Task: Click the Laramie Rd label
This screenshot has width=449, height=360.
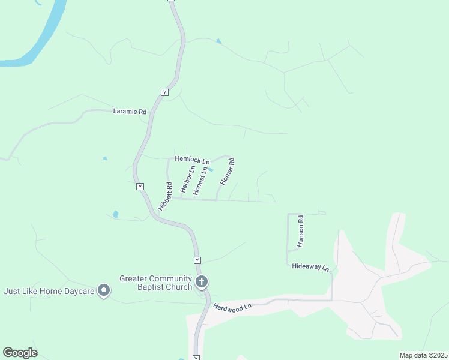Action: coord(130,112)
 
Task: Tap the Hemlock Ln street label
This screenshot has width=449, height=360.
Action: coord(192,160)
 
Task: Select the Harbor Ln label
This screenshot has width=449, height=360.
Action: coord(188,178)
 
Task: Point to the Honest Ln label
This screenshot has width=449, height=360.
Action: coord(200,181)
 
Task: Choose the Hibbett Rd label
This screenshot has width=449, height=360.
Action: coord(165,196)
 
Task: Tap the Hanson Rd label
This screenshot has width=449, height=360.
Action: coord(301,232)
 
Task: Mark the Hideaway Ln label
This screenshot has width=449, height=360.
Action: coord(311,266)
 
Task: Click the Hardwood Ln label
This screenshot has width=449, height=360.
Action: coord(231,306)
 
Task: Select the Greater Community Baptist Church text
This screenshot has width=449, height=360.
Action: coord(155,283)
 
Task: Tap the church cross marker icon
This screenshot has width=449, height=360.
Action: coord(202,281)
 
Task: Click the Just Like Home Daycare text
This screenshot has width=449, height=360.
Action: coord(49,291)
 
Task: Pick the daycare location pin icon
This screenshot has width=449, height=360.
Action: coord(104,291)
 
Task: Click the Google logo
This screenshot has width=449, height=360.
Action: coord(20,353)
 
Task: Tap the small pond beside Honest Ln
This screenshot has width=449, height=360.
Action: coord(211,169)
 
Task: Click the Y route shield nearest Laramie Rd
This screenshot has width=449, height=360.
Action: coord(164,92)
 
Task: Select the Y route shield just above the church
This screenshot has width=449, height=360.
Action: coord(197,260)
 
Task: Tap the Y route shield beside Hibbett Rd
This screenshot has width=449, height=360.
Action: coord(140,187)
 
